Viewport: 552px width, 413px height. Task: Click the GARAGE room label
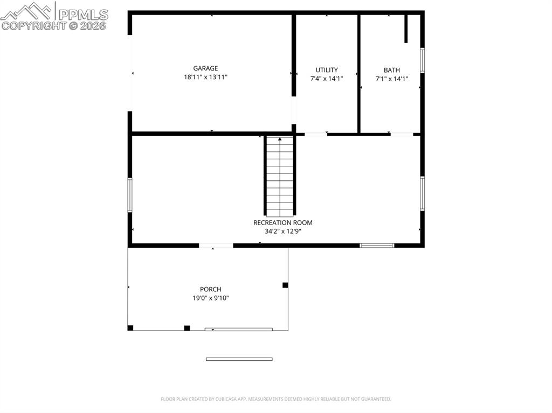(205, 68)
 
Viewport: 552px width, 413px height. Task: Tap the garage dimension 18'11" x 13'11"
(205, 77)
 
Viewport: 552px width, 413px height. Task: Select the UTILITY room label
(327, 70)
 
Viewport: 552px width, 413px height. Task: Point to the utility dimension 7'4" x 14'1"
(327, 79)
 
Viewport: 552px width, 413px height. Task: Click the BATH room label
(392, 70)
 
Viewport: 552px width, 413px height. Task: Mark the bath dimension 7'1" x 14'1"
(392, 79)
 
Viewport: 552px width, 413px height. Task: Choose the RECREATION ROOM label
(282, 222)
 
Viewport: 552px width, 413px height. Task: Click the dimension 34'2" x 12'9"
(282, 232)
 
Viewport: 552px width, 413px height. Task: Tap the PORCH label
(210, 289)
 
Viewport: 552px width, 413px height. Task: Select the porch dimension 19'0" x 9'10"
(210, 298)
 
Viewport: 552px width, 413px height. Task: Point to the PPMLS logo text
(82, 14)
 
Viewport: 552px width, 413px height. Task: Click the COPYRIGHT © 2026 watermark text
(54, 25)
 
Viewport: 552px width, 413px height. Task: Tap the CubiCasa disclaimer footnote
(276, 399)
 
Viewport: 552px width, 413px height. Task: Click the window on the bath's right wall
(423, 60)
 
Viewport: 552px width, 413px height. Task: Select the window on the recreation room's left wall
(130, 195)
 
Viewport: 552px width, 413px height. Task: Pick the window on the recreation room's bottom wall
(377, 246)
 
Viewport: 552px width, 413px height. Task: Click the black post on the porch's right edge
(285, 285)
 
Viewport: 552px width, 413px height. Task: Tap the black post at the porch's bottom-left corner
(130, 327)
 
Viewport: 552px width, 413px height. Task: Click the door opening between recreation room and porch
(216, 246)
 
